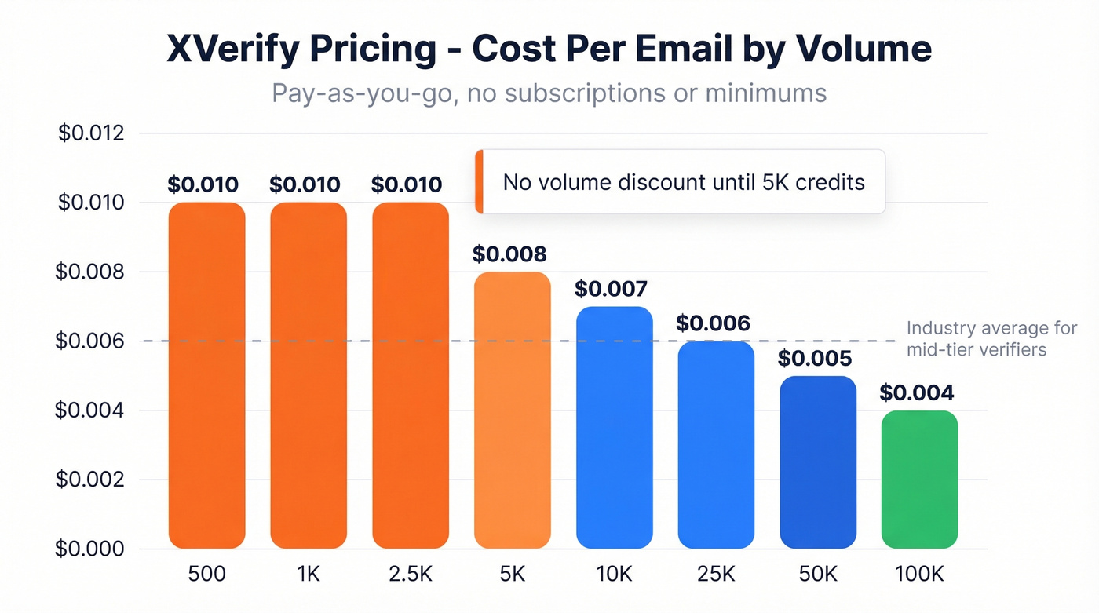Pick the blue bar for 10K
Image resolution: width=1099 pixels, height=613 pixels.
pyautogui.click(x=614, y=427)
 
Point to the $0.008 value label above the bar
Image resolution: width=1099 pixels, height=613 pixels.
pyautogui.click(x=509, y=254)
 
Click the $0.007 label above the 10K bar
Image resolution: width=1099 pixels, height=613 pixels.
pyautogui.click(x=612, y=289)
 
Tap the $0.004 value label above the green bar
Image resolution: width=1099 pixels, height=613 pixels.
pyautogui.click(x=916, y=392)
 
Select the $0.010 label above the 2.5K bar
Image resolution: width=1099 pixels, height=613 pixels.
pyautogui.click(x=407, y=185)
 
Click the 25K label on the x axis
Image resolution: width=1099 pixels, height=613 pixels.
pyautogui.click(x=715, y=574)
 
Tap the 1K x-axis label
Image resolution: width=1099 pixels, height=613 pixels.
pyautogui.click(x=309, y=574)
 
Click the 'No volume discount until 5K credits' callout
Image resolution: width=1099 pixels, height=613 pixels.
pyautogui.click(x=683, y=182)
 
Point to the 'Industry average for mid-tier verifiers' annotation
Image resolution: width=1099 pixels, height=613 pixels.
pyautogui.click(x=991, y=338)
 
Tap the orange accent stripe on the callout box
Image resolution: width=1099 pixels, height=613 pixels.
pyautogui.click(x=479, y=182)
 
